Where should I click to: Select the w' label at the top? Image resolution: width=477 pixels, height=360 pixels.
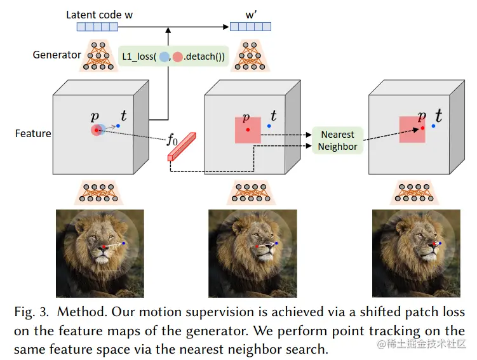(x=250, y=14)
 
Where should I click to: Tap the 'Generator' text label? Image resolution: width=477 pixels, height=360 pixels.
(x=57, y=55)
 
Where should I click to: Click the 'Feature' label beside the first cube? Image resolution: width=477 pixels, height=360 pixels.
(x=33, y=134)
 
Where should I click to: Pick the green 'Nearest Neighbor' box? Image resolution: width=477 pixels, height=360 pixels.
(x=337, y=140)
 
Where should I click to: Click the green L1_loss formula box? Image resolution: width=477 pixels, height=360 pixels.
(x=172, y=57)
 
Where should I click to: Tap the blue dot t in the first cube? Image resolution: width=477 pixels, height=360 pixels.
(x=118, y=126)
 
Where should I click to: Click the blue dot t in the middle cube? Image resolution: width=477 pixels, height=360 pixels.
(x=269, y=126)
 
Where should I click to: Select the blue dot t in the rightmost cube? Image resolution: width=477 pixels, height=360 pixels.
(x=433, y=126)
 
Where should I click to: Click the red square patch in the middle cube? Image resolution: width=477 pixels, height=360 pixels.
(x=248, y=130)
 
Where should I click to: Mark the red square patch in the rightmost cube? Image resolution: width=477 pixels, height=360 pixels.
(x=412, y=130)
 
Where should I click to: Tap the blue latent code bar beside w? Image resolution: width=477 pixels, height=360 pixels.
(x=97, y=27)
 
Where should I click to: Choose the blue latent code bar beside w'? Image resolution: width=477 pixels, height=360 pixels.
(x=250, y=27)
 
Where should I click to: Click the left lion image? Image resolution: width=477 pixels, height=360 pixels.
(x=100, y=253)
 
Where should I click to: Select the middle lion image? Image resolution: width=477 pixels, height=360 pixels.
(x=252, y=253)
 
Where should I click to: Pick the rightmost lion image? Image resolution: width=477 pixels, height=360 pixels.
(x=417, y=253)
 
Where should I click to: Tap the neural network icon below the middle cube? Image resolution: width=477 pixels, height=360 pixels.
(x=248, y=192)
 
